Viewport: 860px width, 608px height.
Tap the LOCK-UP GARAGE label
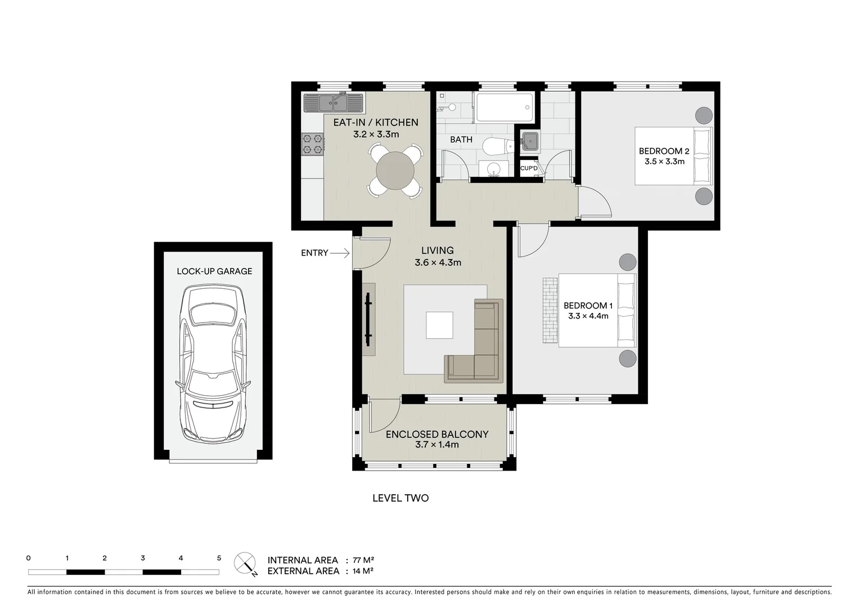[214, 271]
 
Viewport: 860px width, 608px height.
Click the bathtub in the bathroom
[504, 108]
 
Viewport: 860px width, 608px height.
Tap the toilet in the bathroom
[496, 147]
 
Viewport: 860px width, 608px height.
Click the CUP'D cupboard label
[529, 168]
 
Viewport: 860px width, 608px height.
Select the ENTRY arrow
[339, 254]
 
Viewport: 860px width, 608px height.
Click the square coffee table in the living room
[439, 325]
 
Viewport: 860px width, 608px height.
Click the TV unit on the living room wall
[368, 319]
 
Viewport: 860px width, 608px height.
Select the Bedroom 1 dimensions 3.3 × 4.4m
[588, 316]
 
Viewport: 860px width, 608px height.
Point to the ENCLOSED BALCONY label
[436, 435]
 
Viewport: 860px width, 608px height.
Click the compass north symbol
[246, 563]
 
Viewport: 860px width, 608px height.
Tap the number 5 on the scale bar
[219, 558]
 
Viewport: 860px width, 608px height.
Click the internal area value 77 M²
[363, 560]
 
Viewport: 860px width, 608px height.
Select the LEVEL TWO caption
[400, 498]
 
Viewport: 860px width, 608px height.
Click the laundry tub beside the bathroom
[530, 141]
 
